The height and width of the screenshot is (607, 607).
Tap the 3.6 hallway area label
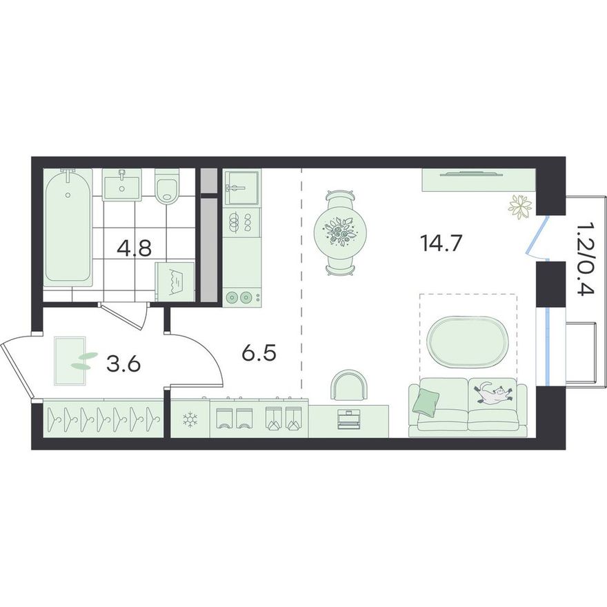point(123,364)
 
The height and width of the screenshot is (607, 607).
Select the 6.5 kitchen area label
point(259,353)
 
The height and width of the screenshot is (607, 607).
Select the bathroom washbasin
point(121,184)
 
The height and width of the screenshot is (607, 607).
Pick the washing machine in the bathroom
point(175,281)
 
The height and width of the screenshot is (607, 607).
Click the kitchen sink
point(242,188)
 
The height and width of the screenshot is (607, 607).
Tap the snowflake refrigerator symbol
point(190,419)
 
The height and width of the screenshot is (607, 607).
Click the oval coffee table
point(467,342)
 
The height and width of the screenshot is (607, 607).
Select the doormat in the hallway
point(70,361)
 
